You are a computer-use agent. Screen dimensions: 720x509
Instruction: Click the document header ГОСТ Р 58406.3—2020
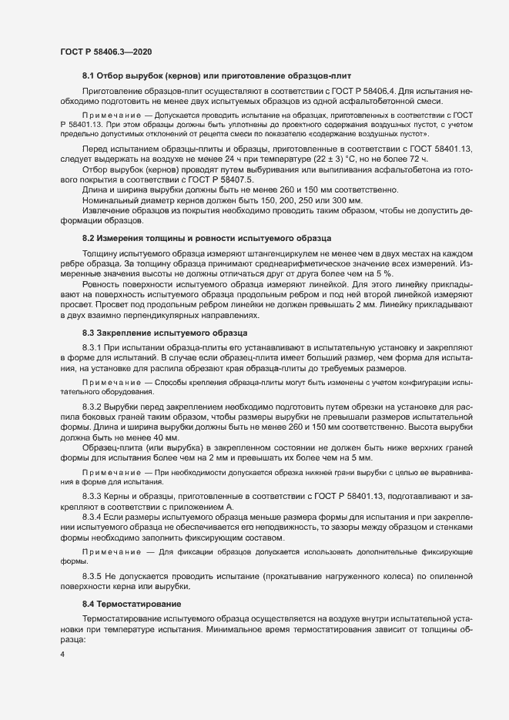pos(105,52)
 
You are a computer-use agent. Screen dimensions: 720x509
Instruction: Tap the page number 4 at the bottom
pos(62,655)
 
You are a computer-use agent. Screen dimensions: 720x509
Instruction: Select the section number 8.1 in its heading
pos(89,77)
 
